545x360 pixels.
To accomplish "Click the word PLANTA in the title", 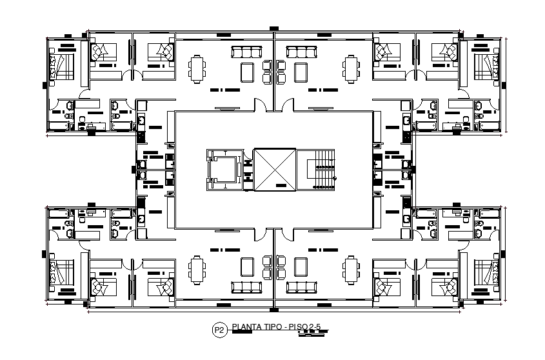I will coord(247,327).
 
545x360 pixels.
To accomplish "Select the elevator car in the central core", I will coord(223,170).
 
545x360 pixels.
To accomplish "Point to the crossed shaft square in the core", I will coord(274,170).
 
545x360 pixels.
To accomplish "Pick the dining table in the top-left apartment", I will coord(197,68).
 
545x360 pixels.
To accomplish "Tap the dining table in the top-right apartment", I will coord(351,68).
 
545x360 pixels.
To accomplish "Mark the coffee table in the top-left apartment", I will coord(247,71).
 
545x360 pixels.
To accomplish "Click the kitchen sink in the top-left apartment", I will coord(141,120).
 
